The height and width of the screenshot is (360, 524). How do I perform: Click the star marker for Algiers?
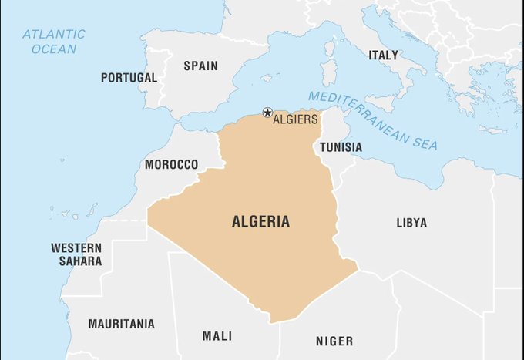(x=267, y=113)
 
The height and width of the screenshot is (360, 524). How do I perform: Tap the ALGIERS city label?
(x=296, y=119)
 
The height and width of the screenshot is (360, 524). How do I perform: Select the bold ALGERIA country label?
(x=261, y=222)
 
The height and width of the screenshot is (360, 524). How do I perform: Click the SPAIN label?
(x=200, y=66)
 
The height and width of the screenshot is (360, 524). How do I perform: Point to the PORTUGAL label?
(x=129, y=78)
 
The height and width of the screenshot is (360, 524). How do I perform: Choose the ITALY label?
(x=383, y=56)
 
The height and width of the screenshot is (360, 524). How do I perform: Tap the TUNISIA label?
(x=341, y=146)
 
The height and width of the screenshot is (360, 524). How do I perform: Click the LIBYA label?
(x=411, y=223)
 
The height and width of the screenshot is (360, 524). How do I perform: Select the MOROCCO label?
(x=171, y=165)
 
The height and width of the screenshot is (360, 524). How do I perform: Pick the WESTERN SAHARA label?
(x=76, y=254)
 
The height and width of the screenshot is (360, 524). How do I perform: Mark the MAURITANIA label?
(x=121, y=324)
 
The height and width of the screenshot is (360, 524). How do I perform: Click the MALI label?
(x=217, y=336)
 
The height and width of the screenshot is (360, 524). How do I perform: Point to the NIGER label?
(x=334, y=341)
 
